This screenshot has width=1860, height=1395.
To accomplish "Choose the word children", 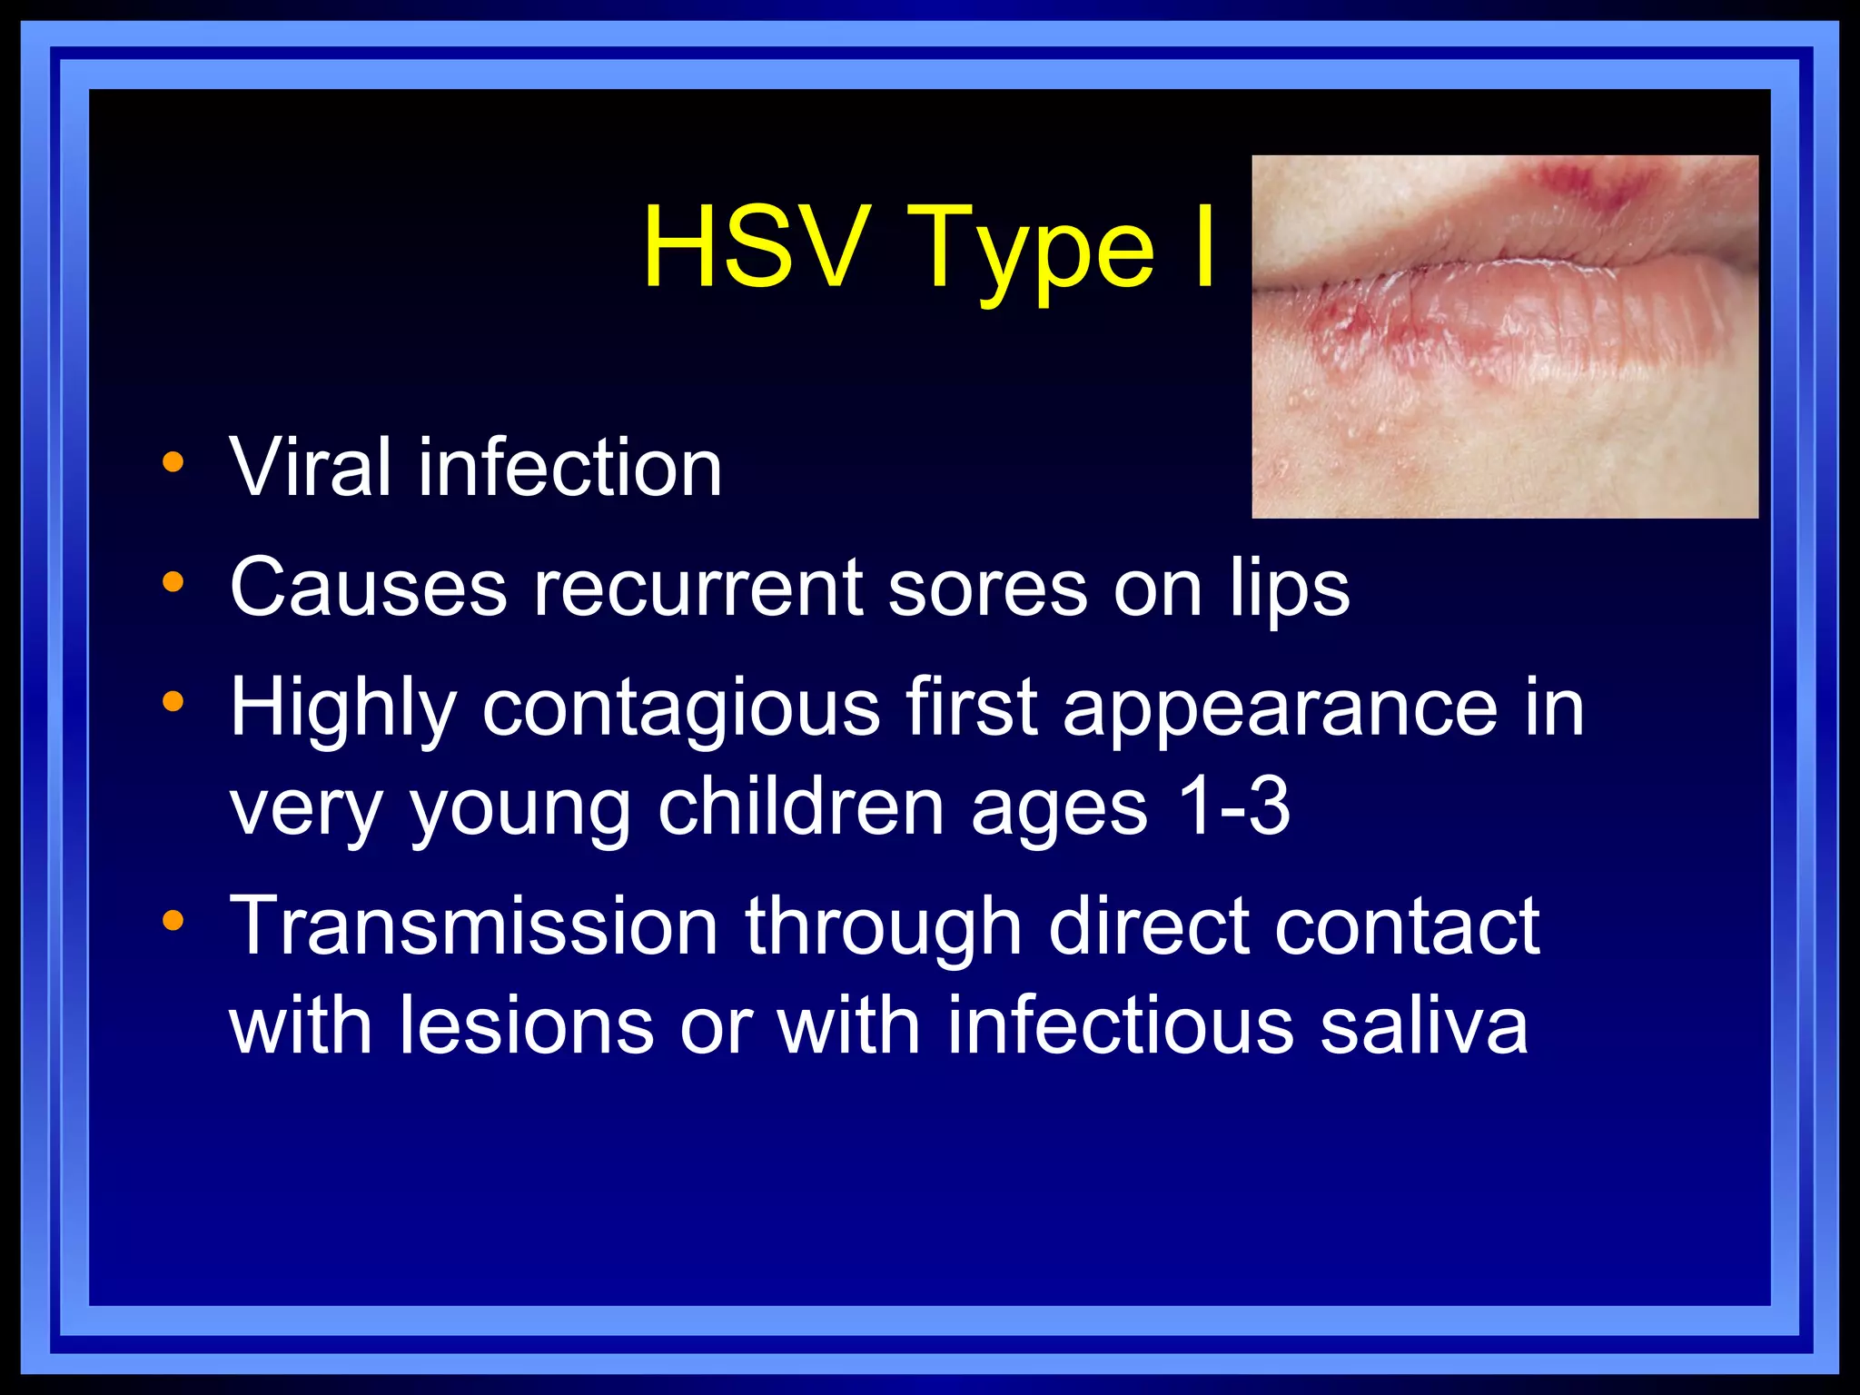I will coord(800,807).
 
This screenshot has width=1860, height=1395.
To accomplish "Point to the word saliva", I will coord(1424,1025).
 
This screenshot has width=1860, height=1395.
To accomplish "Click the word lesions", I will coord(526,1025).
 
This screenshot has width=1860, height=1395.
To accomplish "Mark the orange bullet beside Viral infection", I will coord(173,463).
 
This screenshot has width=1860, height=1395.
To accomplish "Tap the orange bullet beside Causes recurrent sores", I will coord(173,582).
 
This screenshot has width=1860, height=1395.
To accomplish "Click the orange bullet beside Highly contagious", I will coord(173,702).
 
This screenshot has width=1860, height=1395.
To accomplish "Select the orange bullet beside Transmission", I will coord(173,922).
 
